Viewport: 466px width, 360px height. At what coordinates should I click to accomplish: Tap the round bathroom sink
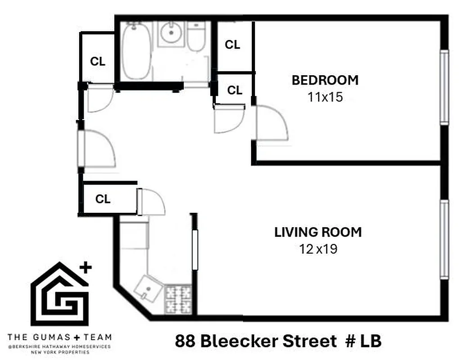click(171, 33)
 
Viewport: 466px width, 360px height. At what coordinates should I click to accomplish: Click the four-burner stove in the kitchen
click(179, 299)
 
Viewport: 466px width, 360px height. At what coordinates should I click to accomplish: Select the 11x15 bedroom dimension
click(325, 97)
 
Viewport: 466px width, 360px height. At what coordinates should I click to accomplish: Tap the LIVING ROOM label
click(318, 233)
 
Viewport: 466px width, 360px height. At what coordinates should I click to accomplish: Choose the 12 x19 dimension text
click(318, 249)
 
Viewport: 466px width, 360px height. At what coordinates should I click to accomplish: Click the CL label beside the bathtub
click(98, 62)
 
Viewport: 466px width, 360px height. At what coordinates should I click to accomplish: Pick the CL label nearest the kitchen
click(103, 199)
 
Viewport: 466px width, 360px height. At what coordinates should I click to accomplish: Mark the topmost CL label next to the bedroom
click(232, 45)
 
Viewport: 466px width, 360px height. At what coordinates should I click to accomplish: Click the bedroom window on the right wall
click(444, 87)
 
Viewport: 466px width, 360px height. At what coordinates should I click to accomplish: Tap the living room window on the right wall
click(444, 240)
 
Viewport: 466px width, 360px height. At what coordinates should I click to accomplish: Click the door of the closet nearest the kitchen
click(151, 202)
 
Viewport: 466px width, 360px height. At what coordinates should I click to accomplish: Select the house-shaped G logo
click(60, 295)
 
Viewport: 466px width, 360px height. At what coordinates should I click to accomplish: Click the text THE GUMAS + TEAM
click(60, 337)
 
